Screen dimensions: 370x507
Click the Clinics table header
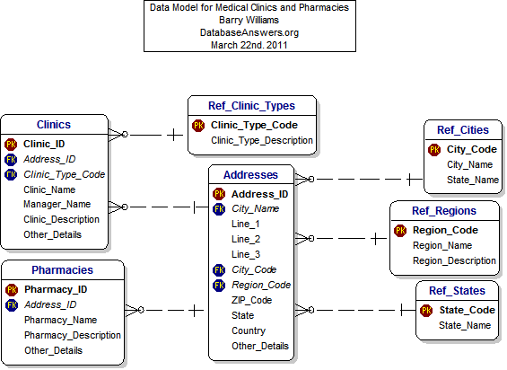pos(53,125)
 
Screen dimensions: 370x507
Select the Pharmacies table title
pos(62,269)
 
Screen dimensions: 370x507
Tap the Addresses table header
pos(250,174)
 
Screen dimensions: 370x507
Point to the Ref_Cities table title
pos(462,129)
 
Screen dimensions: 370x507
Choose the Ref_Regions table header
pos(444,211)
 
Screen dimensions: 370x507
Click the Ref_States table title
pos(457,291)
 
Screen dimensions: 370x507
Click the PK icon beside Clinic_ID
pos(11,144)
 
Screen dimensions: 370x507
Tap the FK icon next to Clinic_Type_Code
pos(11,174)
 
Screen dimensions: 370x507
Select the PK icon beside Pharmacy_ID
pos(12,289)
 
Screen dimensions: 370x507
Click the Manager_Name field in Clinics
pos(55,205)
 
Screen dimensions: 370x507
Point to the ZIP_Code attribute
pos(251,300)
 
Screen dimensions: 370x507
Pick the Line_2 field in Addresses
pos(245,239)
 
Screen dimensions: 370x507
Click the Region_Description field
pos(454,260)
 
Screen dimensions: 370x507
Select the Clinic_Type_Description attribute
pos(262,140)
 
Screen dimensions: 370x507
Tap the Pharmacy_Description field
pos(73,335)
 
